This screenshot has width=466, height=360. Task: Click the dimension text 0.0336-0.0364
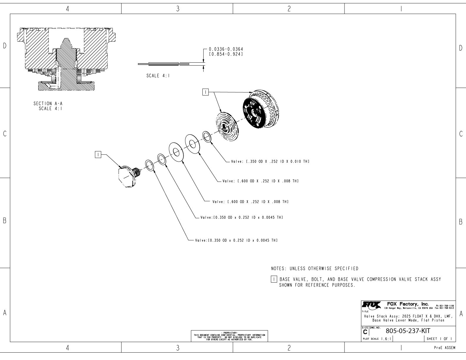[226, 49]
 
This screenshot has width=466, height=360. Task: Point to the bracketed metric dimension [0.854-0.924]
[226, 54]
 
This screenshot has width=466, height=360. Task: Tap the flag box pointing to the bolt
[98, 154]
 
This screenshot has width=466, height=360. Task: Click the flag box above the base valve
[205, 92]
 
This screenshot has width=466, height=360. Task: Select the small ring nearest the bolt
[149, 166]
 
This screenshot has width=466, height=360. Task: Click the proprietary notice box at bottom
[229, 336]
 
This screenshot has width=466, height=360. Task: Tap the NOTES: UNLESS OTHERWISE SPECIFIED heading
[314, 269]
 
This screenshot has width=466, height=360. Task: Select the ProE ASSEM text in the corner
[445, 348]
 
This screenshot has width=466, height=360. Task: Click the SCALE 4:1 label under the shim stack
[158, 76]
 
